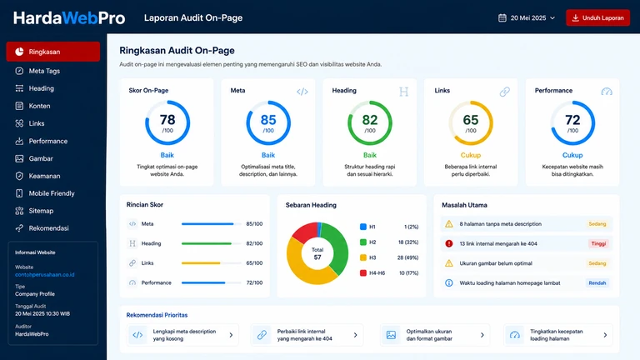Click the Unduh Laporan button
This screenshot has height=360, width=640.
[x=597, y=18]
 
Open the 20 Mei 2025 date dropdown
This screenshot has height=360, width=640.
[x=527, y=18]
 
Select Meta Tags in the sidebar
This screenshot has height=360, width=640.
[x=44, y=71]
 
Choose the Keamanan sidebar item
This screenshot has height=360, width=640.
[x=44, y=176]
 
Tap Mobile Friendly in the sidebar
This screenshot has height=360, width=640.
[x=52, y=193]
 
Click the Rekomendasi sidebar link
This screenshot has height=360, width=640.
[x=48, y=228]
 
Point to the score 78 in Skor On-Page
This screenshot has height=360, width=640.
[x=167, y=120]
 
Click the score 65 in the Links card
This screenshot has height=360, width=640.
[x=471, y=120]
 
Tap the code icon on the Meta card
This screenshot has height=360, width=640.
[x=302, y=92]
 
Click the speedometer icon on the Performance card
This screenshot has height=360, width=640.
[x=607, y=92]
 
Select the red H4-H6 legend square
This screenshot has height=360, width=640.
[x=362, y=273]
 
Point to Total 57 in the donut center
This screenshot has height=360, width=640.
[x=317, y=253]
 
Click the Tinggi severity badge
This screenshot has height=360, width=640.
[x=598, y=243]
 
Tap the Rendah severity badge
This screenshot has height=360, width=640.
[x=597, y=282]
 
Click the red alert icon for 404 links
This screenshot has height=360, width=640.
[x=449, y=243]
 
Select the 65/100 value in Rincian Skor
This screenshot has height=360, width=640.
[x=254, y=263]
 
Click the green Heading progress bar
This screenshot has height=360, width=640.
[x=207, y=243]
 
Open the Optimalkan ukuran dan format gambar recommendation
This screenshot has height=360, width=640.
[x=435, y=335]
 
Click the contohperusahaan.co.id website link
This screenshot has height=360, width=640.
[x=45, y=275]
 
